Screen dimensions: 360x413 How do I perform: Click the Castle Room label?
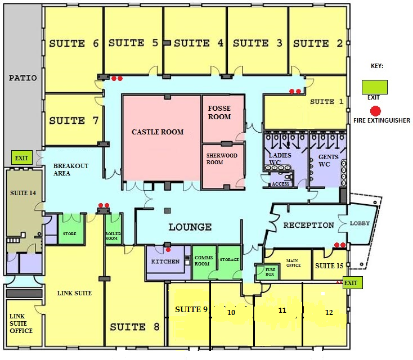158,132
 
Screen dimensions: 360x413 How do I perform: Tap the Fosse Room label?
219,112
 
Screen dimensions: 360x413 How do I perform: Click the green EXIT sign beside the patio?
21,158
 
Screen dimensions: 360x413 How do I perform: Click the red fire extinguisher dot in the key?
375,110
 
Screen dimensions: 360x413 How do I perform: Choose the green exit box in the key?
374,87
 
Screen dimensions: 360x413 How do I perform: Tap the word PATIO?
23,78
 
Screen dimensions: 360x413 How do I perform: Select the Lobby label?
361,223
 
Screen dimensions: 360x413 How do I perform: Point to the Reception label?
308,226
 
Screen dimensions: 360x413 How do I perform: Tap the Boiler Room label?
113,236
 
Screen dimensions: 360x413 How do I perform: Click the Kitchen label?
165,262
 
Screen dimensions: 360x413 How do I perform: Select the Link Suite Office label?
22,323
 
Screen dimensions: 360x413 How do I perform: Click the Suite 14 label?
23,193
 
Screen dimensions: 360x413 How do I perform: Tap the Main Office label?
293,263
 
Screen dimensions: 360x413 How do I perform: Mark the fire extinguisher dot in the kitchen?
168,249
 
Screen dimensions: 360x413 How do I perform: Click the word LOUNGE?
190,227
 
